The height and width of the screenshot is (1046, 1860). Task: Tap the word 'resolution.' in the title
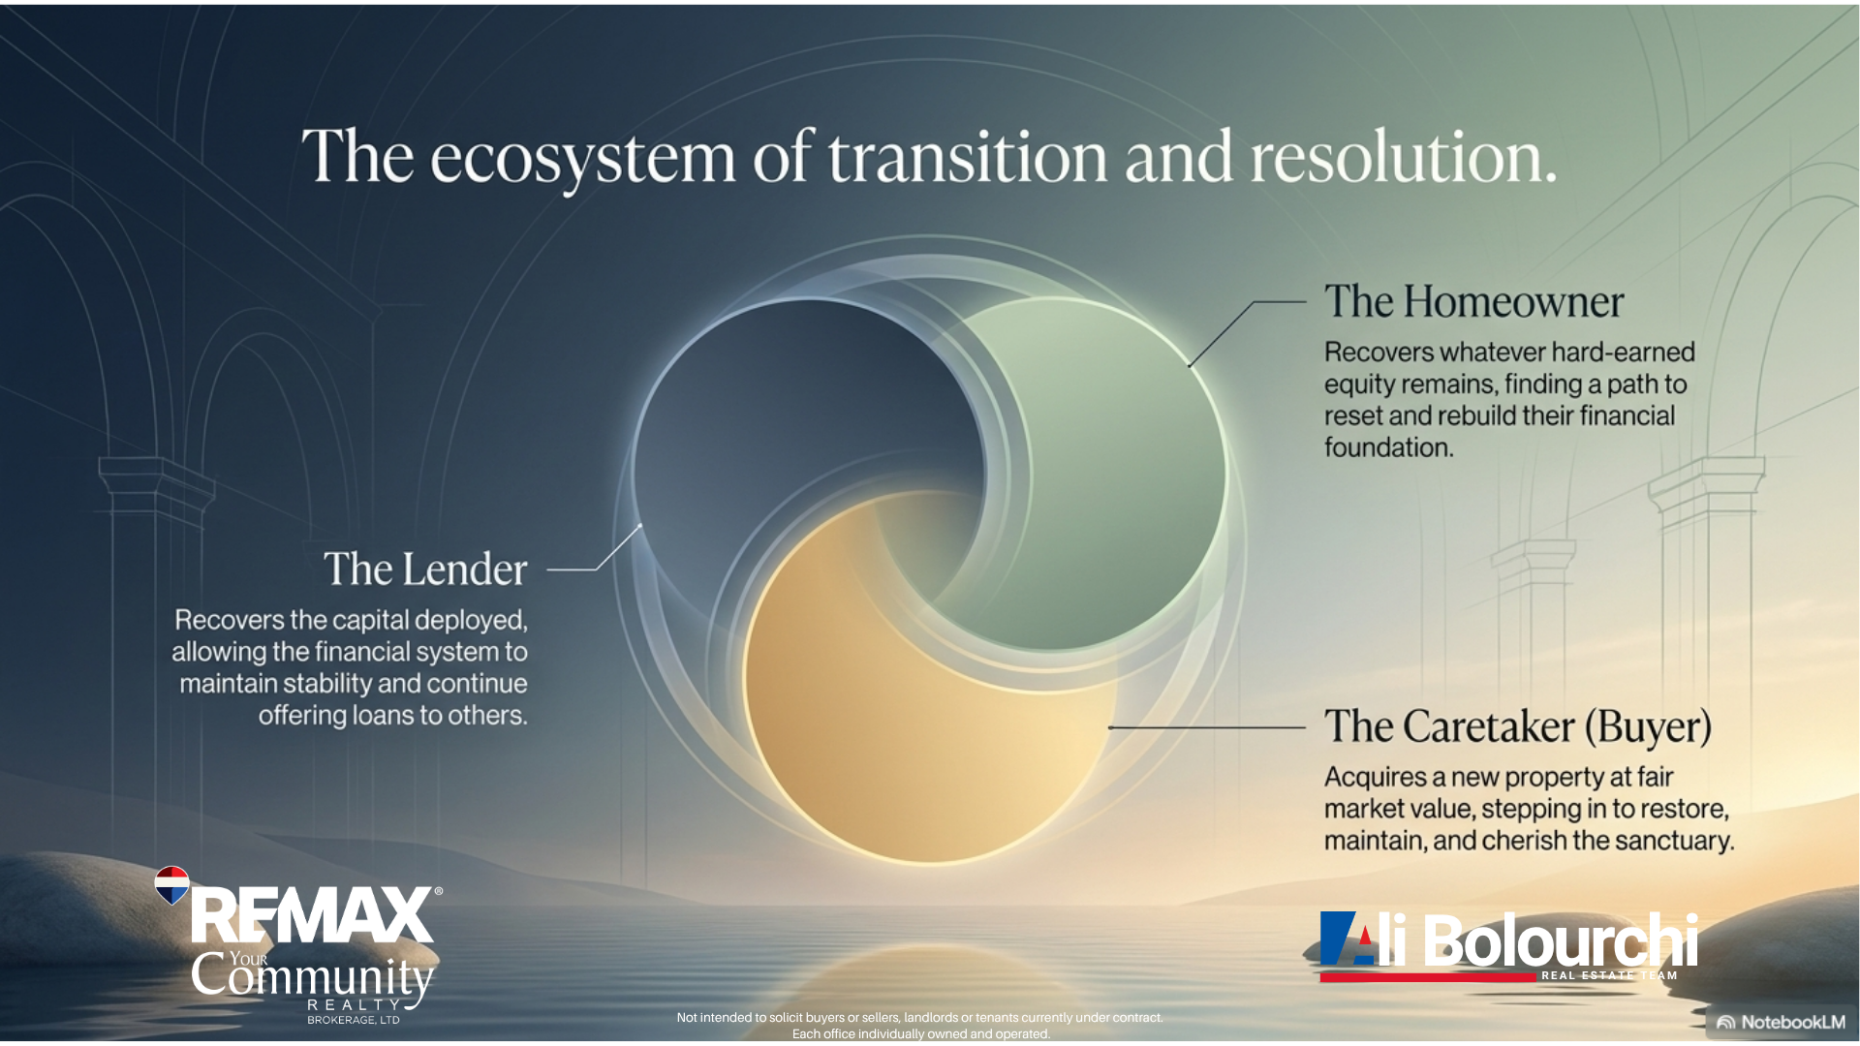point(1403,156)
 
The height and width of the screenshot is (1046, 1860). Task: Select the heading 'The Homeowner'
point(1473,302)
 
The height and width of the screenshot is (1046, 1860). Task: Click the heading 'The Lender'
point(425,569)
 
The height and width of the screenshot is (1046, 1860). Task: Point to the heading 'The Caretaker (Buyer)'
point(1518,726)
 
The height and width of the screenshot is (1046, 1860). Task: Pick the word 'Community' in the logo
point(312,976)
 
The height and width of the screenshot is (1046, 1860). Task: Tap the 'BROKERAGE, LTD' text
point(354,1020)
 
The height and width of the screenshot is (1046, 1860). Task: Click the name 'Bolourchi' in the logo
point(1561,939)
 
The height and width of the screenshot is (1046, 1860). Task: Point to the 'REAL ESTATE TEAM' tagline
point(1609,975)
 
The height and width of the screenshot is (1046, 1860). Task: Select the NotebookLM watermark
point(1782,1022)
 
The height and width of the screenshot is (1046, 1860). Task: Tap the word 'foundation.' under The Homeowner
point(1389,447)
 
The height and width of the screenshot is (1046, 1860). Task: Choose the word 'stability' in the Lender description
point(325,684)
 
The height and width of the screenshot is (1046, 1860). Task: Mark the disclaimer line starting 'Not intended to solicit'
point(920,1017)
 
